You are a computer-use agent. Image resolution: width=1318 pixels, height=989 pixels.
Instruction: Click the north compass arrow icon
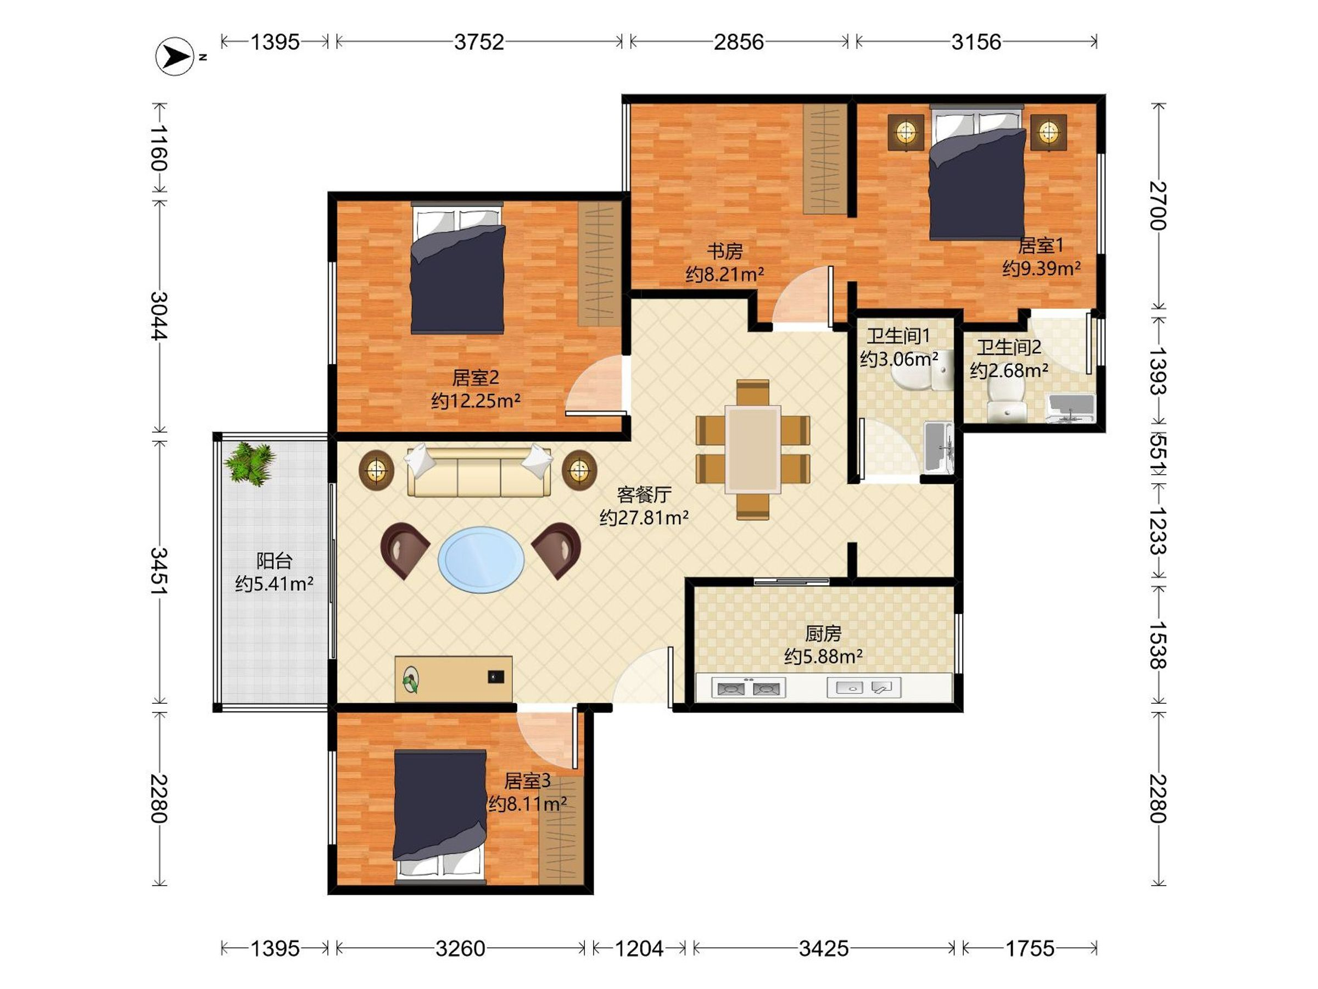[175, 57]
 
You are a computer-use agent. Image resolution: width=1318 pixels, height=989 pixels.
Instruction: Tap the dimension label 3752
[479, 42]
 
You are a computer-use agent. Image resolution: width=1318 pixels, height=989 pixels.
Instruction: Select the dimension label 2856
[739, 42]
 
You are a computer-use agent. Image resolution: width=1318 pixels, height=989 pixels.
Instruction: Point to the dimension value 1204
[639, 948]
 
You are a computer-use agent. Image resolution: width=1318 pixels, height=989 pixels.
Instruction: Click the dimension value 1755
[1030, 948]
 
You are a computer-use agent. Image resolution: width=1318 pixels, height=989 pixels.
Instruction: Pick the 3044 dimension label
[159, 316]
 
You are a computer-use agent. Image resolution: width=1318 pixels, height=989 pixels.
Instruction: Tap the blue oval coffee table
[482, 559]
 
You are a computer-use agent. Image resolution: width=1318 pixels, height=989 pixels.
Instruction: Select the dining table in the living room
[752, 449]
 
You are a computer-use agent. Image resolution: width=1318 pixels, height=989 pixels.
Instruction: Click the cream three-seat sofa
[478, 471]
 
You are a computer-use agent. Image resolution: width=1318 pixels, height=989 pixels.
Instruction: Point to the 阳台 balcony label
[274, 560]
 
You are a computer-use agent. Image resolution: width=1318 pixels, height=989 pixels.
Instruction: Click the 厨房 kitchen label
[823, 633]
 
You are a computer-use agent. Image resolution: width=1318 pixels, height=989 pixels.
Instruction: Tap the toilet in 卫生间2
[1007, 400]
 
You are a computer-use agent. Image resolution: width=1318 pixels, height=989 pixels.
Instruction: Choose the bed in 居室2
[457, 268]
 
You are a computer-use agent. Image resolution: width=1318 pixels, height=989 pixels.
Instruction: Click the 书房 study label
[724, 252]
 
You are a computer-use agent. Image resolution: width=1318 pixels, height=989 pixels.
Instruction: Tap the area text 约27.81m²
[644, 518]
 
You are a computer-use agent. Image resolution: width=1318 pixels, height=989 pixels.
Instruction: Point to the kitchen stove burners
[749, 688]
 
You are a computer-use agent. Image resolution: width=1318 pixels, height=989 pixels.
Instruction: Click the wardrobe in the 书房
[825, 159]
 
